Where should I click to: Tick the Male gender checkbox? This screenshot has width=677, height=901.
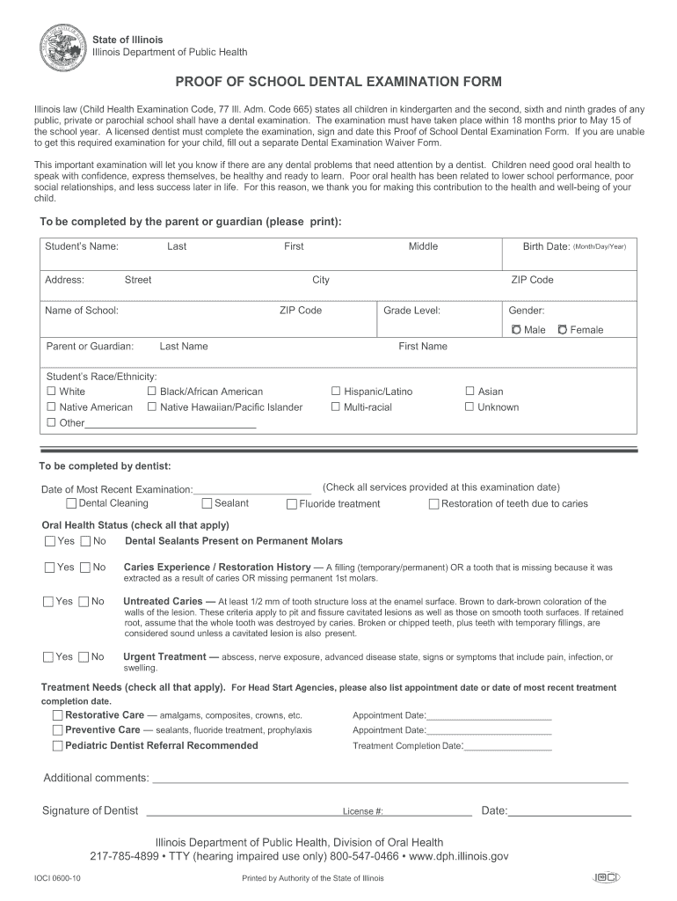pyautogui.click(x=516, y=330)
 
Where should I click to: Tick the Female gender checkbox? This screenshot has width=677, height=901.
pyautogui.click(x=563, y=330)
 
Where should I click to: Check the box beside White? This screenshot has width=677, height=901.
pyautogui.click(x=51, y=391)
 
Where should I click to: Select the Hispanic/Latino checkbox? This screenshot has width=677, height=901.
pyautogui.click(x=335, y=391)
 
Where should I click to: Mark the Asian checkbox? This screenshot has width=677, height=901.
pyautogui.click(x=470, y=391)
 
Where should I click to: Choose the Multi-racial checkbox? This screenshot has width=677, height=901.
pyautogui.click(x=335, y=407)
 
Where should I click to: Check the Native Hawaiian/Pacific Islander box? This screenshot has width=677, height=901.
pyautogui.click(x=151, y=407)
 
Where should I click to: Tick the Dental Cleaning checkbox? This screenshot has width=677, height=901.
pyautogui.click(x=71, y=503)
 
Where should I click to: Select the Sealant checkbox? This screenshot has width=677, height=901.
pyautogui.click(x=207, y=503)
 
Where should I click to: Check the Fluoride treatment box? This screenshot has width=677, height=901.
pyautogui.click(x=291, y=504)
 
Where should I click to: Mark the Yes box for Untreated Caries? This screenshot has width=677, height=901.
pyautogui.click(x=48, y=602)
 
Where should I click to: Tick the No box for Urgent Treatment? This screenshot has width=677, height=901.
pyautogui.click(x=84, y=656)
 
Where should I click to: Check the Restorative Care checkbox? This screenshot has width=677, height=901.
pyautogui.click(x=57, y=715)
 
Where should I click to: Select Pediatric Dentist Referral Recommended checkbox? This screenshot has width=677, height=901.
pyautogui.click(x=57, y=745)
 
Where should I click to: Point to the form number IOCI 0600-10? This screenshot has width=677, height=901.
pyautogui.click(x=57, y=878)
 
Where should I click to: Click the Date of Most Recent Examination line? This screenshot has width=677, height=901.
pyautogui.click(x=252, y=491)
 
